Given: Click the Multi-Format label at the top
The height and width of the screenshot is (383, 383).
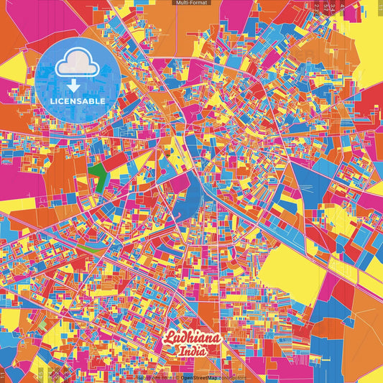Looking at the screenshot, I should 191,4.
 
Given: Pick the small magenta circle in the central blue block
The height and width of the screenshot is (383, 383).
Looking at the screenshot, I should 167,153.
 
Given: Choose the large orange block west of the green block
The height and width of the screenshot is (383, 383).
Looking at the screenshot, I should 68,169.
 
